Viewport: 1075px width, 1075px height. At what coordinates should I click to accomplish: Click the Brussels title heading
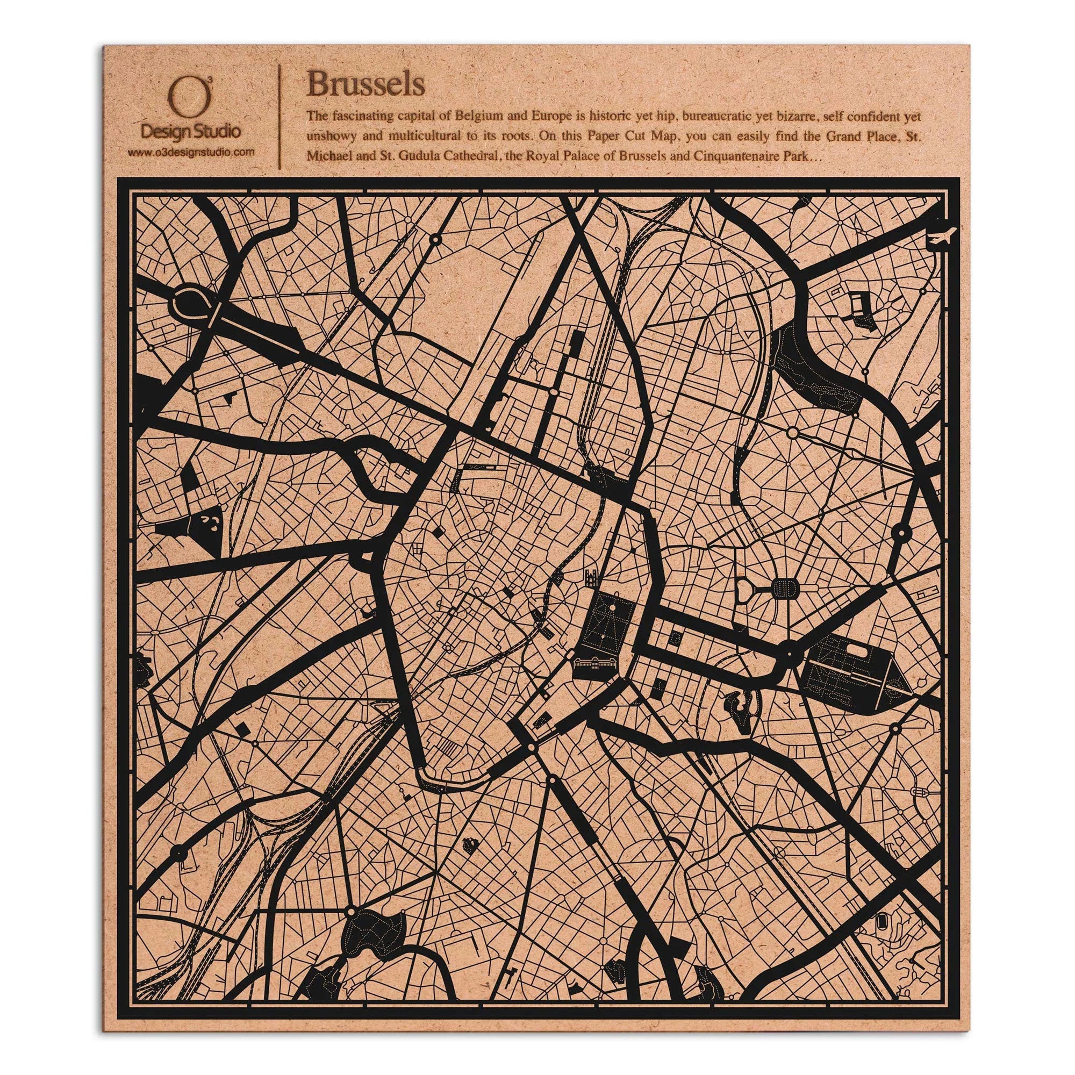tap(365, 84)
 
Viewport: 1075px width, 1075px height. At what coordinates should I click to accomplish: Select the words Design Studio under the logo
tap(191, 132)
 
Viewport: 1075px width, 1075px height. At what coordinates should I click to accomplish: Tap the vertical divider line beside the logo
tap(279, 116)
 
